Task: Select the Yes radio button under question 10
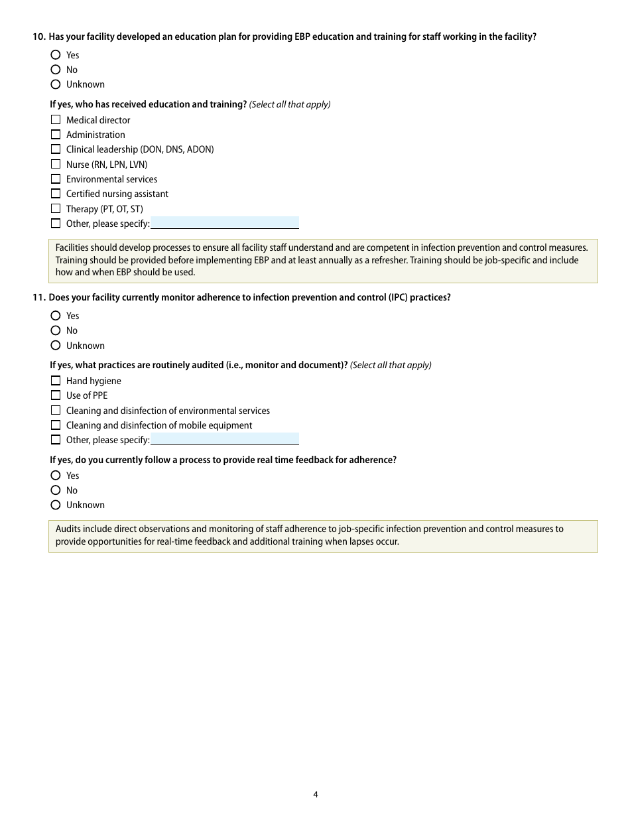point(56,55)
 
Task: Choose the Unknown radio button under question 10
point(56,84)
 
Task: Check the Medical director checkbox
point(56,120)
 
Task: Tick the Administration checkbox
point(56,135)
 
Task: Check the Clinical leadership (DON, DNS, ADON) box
point(56,149)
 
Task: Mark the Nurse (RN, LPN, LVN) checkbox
point(56,165)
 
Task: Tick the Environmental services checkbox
point(56,179)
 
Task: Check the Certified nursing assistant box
point(56,194)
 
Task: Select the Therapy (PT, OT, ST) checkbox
point(56,209)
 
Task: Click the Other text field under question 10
point(225,223)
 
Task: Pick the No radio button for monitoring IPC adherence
point(56,330)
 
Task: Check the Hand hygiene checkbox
point(56,381)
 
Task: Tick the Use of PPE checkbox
point(56,395)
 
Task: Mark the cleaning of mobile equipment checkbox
point(56,425)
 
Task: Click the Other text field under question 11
point(225,439)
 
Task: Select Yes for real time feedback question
point(56,476)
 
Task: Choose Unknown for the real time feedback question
point(56,505)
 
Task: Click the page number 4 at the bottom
point(316,794)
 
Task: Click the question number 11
point(38,298)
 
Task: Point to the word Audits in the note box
point(68,529)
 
